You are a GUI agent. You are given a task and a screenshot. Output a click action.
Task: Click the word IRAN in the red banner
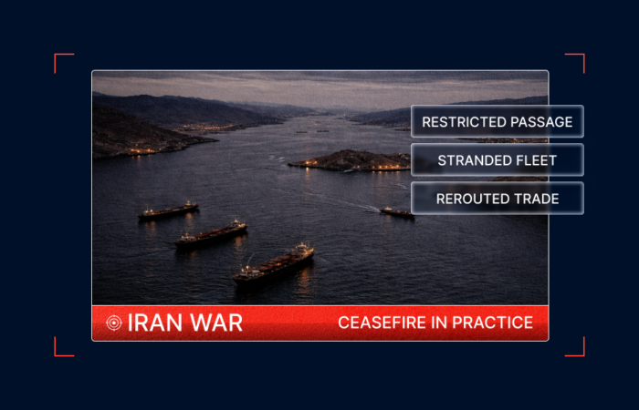[x=154, y=323]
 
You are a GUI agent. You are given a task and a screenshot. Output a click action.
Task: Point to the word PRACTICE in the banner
[x=492, y=323]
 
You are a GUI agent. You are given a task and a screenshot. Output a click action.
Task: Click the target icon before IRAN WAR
[x=114, y=323]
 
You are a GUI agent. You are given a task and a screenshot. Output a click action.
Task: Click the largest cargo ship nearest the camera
[x=274, y=265]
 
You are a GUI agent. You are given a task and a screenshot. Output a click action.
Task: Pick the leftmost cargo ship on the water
[x=168, y=212]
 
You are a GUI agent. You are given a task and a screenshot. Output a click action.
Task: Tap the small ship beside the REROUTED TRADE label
[x=396, y=212]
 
